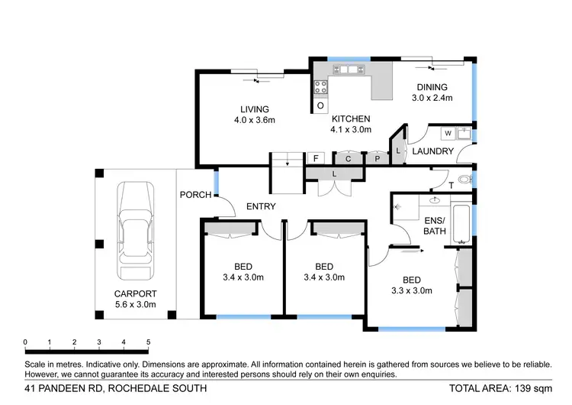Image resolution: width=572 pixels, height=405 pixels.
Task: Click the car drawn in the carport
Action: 135,234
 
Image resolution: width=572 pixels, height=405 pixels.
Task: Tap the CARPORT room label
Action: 136,294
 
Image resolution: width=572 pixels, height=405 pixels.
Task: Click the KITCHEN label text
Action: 351,119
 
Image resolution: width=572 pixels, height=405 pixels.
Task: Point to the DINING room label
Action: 432,87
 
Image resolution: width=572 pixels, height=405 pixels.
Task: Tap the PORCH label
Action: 195,195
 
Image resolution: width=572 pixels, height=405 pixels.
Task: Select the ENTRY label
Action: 260,207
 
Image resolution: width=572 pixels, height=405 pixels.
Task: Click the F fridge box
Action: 315,158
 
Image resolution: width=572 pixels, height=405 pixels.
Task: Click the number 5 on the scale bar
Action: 148,342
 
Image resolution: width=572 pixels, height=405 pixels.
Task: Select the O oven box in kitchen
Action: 320,105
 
